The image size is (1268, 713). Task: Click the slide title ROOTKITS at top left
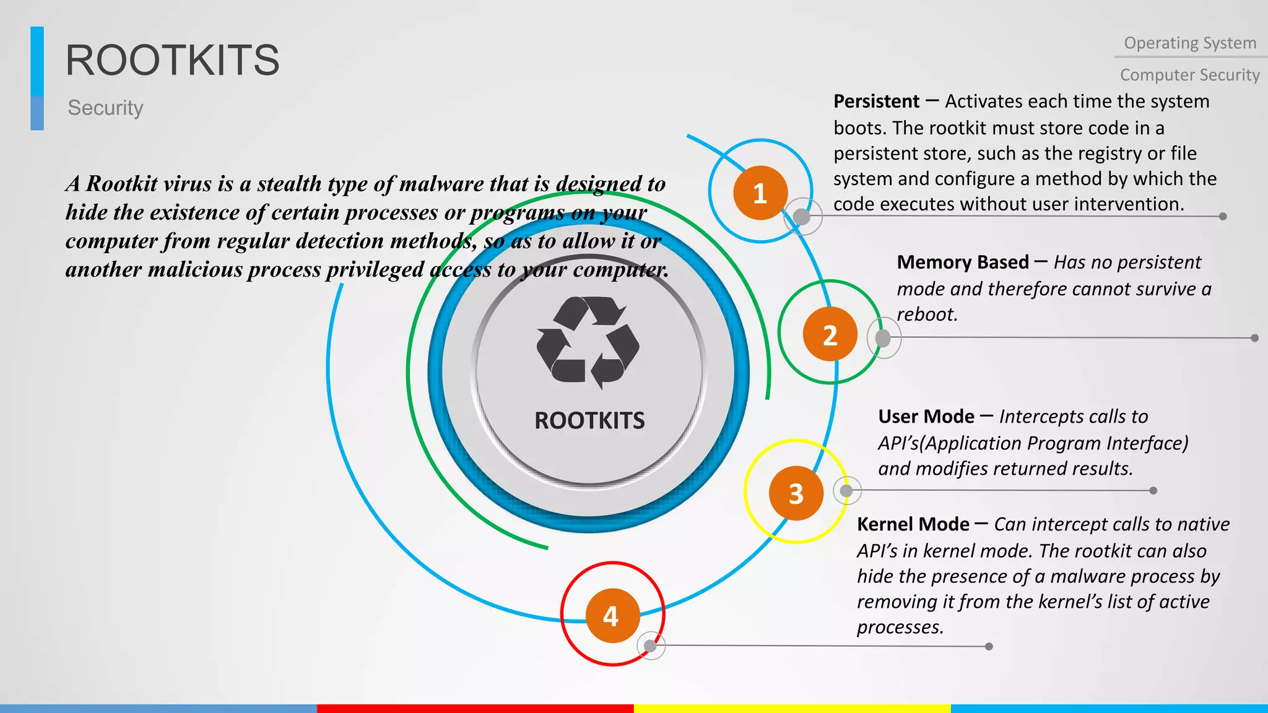172,61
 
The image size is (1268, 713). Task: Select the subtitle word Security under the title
105,108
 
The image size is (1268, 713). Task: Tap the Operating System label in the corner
1189,43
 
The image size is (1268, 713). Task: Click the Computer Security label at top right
1189,75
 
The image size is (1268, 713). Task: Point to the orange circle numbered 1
760,193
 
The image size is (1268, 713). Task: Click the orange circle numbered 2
830,335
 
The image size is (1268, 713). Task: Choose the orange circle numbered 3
796,493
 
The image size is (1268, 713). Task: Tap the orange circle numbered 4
612,616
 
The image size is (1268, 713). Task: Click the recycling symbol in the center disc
588,341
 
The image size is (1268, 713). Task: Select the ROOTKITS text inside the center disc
589,421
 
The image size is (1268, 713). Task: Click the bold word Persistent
876,102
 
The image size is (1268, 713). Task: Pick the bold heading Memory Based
962,262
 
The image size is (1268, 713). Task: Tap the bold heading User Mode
926,417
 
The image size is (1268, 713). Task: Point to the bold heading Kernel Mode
913,524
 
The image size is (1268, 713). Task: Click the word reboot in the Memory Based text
926,314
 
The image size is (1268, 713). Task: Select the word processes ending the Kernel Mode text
900,627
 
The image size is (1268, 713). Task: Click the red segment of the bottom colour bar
475,708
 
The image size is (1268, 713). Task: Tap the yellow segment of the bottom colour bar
792,708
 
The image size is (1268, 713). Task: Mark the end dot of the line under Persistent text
1222,217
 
